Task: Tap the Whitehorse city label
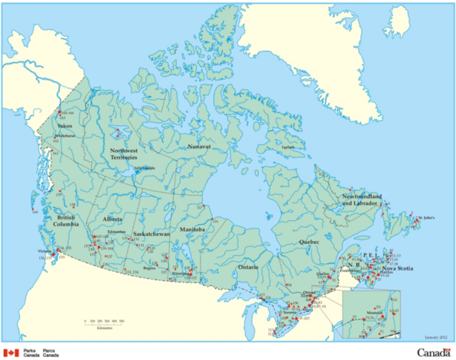(x=65, y=135)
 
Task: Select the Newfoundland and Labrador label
(x=363, y=200)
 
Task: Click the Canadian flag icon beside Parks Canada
(x=11, y=352)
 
